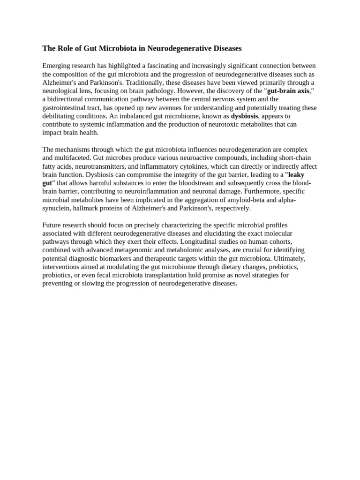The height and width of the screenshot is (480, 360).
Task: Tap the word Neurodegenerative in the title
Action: [x=180, y=48]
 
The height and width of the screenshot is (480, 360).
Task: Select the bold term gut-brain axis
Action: [x=288, y=91]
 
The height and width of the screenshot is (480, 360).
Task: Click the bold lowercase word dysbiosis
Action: [x=244, y=116]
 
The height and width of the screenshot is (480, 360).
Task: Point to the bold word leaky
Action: [x=296, y=175]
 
